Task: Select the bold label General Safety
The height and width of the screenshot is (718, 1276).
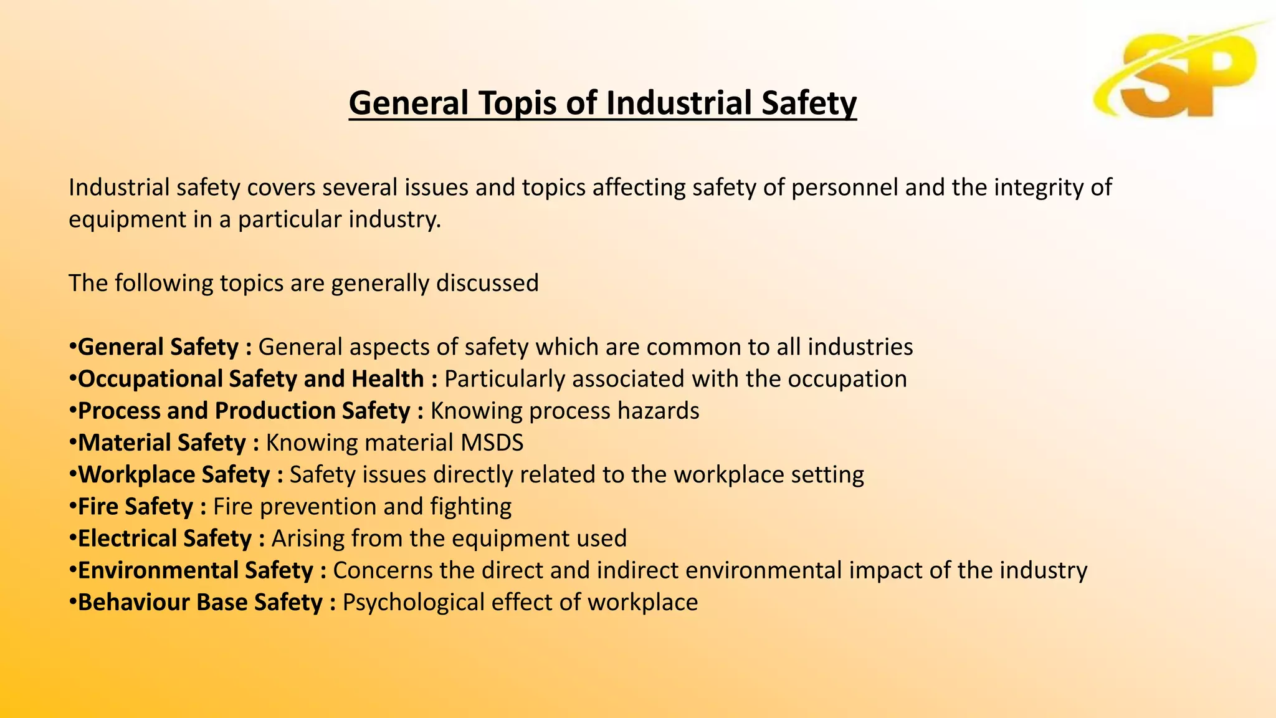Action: tap(158, 347)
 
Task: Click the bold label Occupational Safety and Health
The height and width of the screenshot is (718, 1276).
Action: tap(251, 379)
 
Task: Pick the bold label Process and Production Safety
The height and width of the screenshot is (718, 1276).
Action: tap(244, 411)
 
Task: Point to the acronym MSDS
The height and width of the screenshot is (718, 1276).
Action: tap(492, 443)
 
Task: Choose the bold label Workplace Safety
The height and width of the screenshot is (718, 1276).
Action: tap(174, 475)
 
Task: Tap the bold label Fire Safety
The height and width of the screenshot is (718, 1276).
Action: tap(135, 507)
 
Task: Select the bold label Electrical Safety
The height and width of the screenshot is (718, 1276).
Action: tap(164, 538)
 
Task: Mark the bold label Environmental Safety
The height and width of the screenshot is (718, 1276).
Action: tap(196, 570)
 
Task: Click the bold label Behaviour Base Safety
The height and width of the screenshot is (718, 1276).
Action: tap(200, 602)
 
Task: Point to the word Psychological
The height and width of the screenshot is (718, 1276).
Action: tap(414, 602)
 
